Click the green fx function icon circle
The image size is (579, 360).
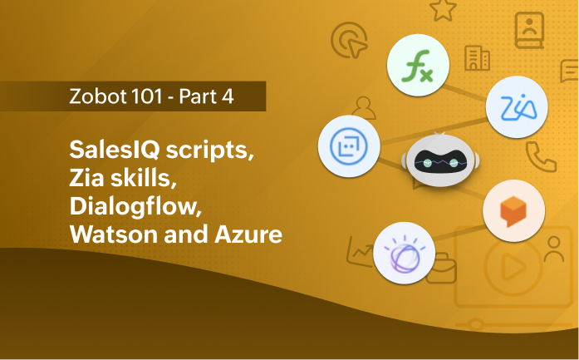tap(419, 65)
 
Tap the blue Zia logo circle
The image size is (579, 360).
tap(518, 106)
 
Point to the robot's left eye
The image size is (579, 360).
tap(427, 164)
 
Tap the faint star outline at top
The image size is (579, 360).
tap(443, 10)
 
